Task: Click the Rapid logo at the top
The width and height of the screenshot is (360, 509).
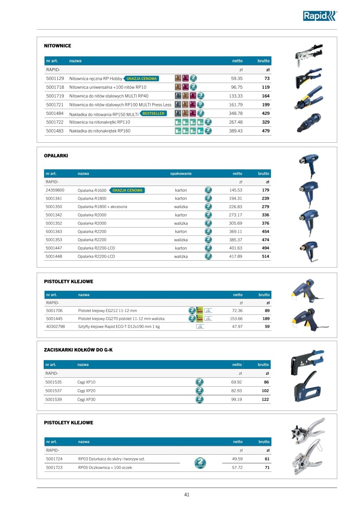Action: click(319, 16)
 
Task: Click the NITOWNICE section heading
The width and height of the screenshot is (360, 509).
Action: click(57, 46)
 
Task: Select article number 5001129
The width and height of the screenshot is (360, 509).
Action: click(55, 79)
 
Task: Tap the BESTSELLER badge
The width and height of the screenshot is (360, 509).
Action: click(153, 114)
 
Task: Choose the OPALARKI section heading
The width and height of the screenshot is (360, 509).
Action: click(56, 156)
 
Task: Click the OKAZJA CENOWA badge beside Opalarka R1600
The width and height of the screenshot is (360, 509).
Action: click(127, 190)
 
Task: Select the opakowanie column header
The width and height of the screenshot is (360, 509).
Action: click(181, 174)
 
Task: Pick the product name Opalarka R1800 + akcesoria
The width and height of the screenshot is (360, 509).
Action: click(102, 207)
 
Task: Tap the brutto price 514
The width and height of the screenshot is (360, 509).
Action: click(265, 256)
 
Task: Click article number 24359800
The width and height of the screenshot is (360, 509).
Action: click(56, 190)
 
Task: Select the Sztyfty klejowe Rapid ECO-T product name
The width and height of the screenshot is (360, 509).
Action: click(119, 327)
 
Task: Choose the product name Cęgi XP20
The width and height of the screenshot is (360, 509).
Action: click(86, 391)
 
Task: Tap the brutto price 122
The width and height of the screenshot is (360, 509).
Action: click(265, 399)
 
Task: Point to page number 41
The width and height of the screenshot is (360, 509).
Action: click(187, 495)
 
